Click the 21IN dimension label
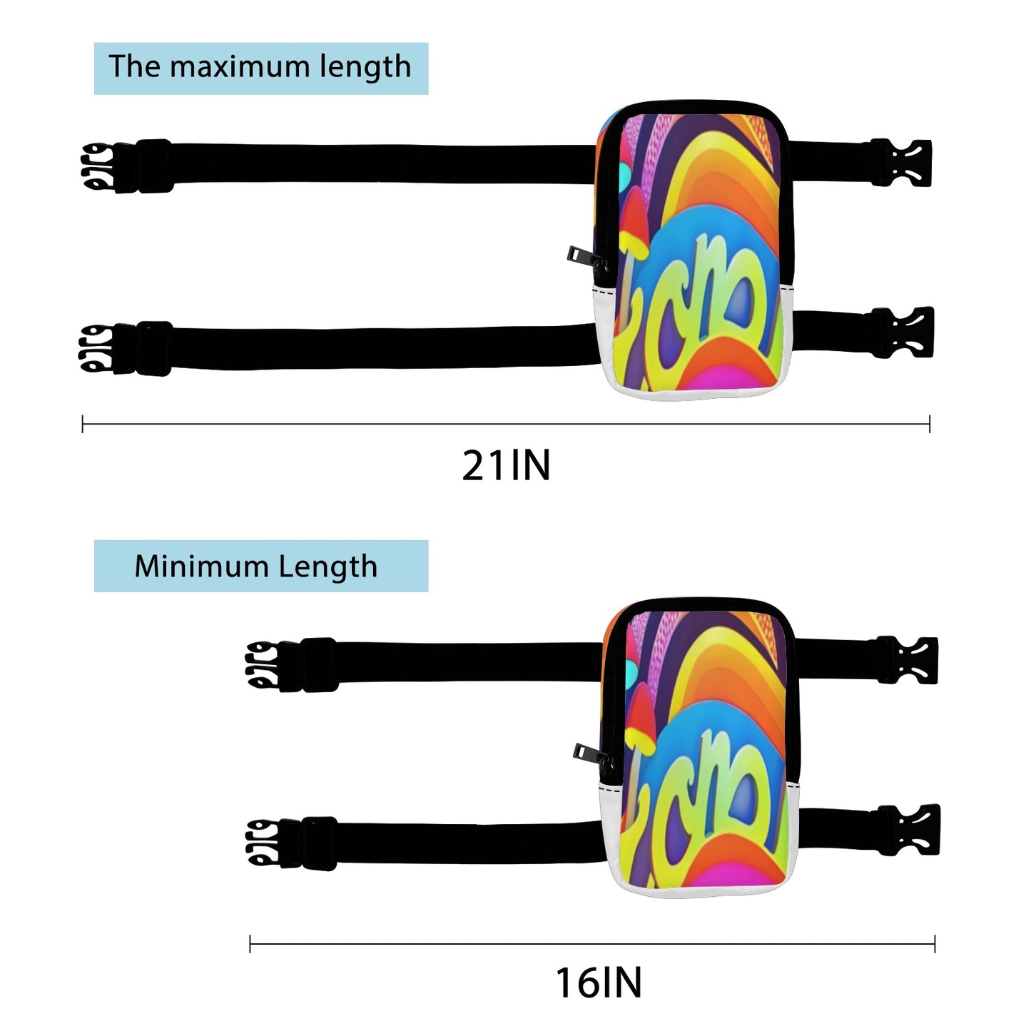click(506, 466)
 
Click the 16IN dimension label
click(599, 982)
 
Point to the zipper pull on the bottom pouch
click(585, 752)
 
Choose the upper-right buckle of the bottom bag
click(908, 660)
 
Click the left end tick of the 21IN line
click(83, 425)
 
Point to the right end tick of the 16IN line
click(934, 944)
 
